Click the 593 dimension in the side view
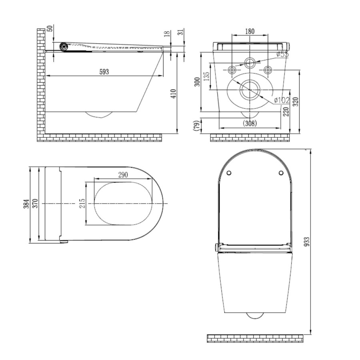104,71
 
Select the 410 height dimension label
173,94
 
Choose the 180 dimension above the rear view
250,32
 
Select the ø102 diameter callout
282,100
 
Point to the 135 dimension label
206,76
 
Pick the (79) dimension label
196,126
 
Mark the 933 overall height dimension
307,242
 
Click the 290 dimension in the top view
124,175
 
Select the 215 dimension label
82,204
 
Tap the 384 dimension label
26,204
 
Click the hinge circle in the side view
62,46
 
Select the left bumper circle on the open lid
229,173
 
